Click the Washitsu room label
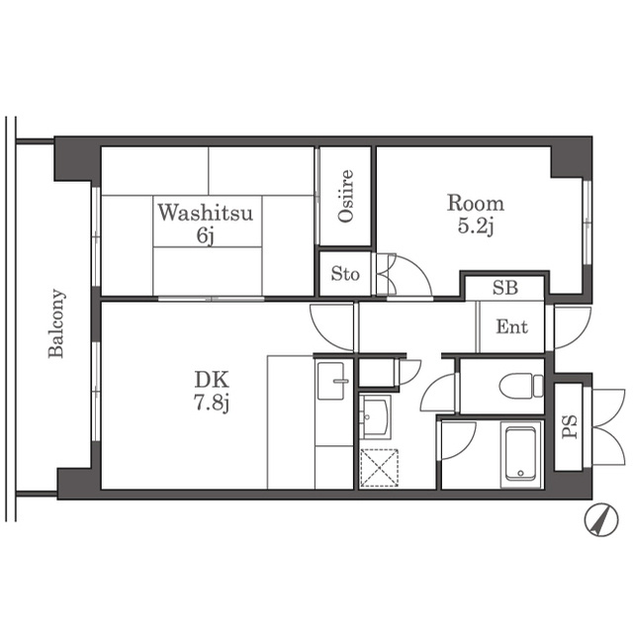coord(205,213)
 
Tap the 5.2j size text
coord(476,226)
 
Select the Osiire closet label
coord(346,196)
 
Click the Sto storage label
coord(345,274)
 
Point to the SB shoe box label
coord(505,288)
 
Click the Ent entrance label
coord(512,326)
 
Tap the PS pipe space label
coord(570,427)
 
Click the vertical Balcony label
coord(56,323)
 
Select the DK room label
coord(212,380)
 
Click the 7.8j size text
coord(212,403)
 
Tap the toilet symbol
coord(521,386)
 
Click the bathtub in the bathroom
coord(521,453)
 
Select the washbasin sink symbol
coord(375,416)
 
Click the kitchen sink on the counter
coord(331,381)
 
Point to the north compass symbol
coord(601,519)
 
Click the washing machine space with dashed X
coord(379,468)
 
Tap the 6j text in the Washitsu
coord(205,235)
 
